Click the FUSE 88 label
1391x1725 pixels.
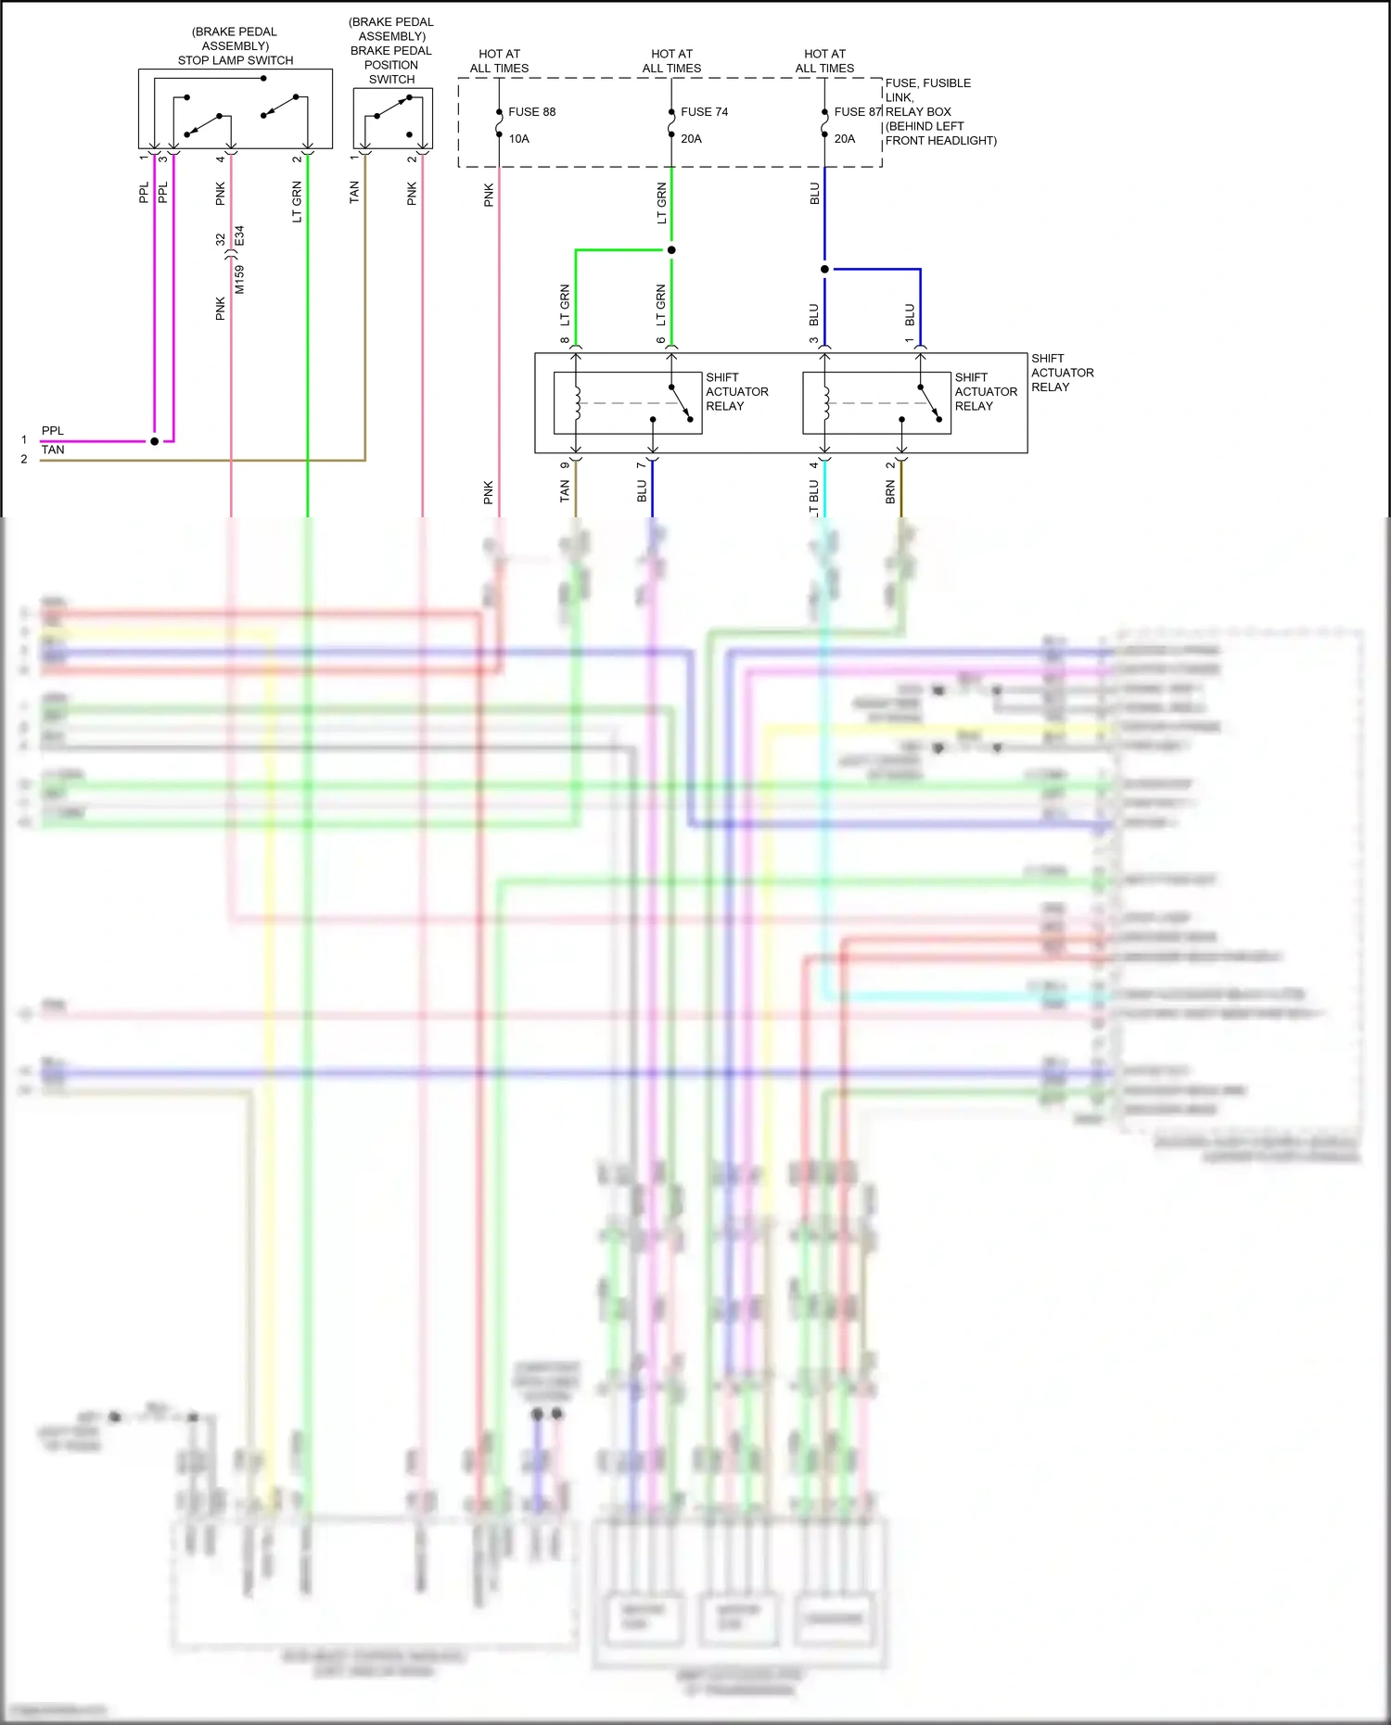(x=531, y=112)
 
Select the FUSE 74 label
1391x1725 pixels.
(x=704, y=112)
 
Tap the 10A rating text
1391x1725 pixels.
(x=518, y=139)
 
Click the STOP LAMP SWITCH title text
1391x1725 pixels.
(x=236, y=60)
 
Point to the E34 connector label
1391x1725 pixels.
(x=239, y=235)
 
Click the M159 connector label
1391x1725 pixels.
(x=239, y=280)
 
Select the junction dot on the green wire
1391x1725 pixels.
(x=671, y=250)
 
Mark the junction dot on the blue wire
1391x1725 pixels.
(x=824, y=270)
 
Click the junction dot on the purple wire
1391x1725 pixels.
(x=155, y=441)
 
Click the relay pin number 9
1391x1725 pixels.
(x=565, y=465)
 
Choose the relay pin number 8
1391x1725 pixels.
(x=565, y=340)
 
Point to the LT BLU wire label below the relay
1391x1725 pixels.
(x=814, y=496)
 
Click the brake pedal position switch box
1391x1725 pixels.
(x=392, y=118)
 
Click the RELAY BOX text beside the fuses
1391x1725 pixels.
(x=918, y=112)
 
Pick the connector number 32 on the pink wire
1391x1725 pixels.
(x=221, y=239)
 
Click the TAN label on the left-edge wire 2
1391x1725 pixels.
(x=53, y=450)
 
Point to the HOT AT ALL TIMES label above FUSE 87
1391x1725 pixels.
(x=824, y=61)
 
